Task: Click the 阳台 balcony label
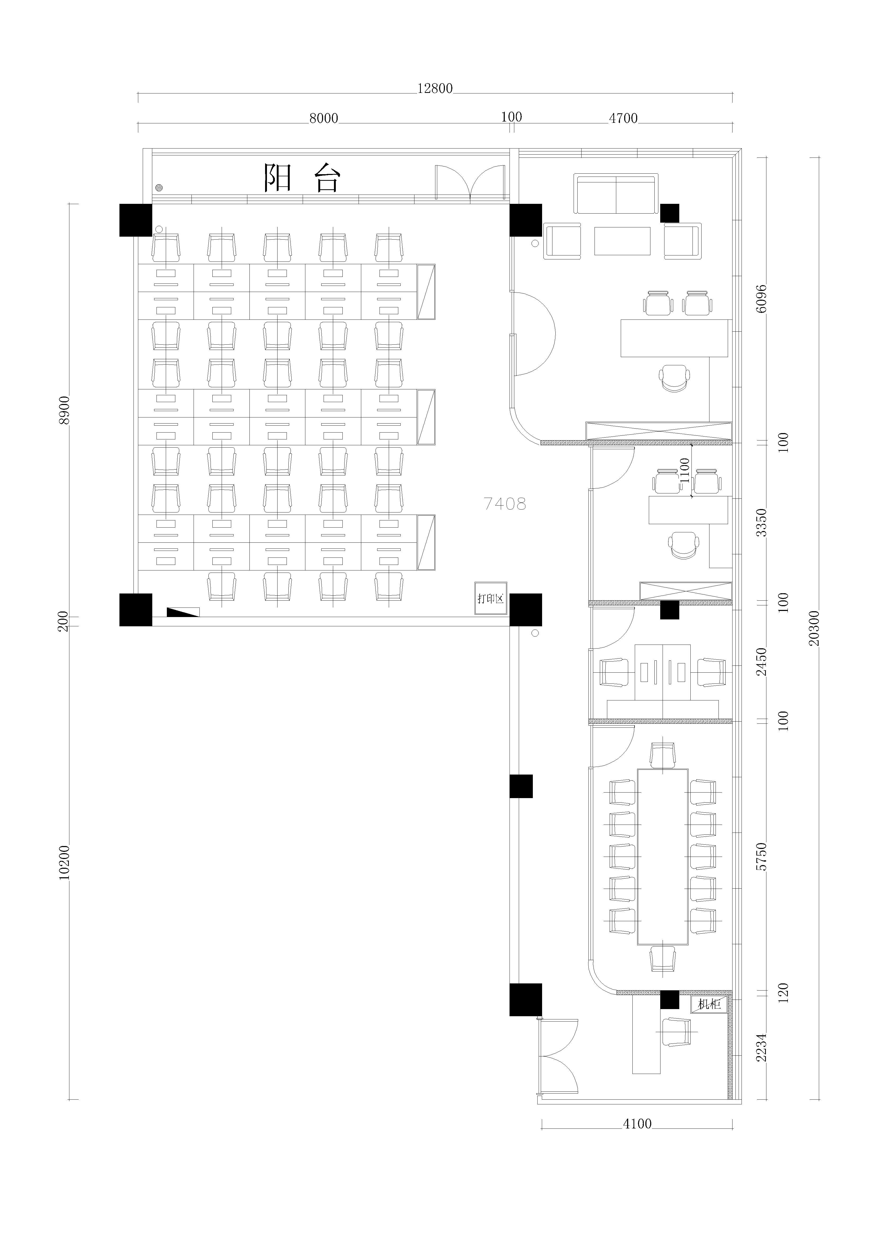tap(302, 177)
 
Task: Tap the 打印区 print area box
tap(490, 598)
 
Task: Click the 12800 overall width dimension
tap(435, 88)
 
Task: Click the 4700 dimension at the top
tap(623, 118)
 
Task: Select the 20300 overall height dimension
tap(814, 628)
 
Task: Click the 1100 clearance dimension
tap(684, 470)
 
